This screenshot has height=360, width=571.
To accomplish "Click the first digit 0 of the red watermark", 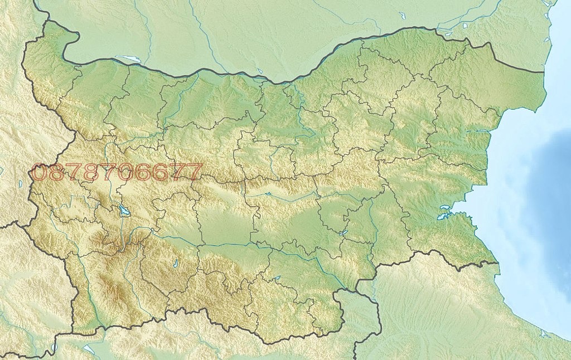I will click(x=40, y=172).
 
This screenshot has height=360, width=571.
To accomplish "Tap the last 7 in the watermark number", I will click(x=193, y=172).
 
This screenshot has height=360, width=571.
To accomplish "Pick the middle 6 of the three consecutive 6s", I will click(x=161, y=172).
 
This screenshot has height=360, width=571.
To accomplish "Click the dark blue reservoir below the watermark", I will click(x=122, y=211).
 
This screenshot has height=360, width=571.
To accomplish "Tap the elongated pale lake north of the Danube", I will click(x=128, y=58).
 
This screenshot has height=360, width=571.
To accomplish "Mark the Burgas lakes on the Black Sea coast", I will click(x=445, y=213).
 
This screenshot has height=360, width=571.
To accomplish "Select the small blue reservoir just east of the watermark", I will click(x=268, y=194).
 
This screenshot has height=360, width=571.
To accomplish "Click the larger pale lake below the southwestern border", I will click(x=89, y=350).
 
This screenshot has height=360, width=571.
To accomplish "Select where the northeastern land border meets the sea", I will click(x=544, y=72).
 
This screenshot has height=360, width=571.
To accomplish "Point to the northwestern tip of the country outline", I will click(x=47, y=22).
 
